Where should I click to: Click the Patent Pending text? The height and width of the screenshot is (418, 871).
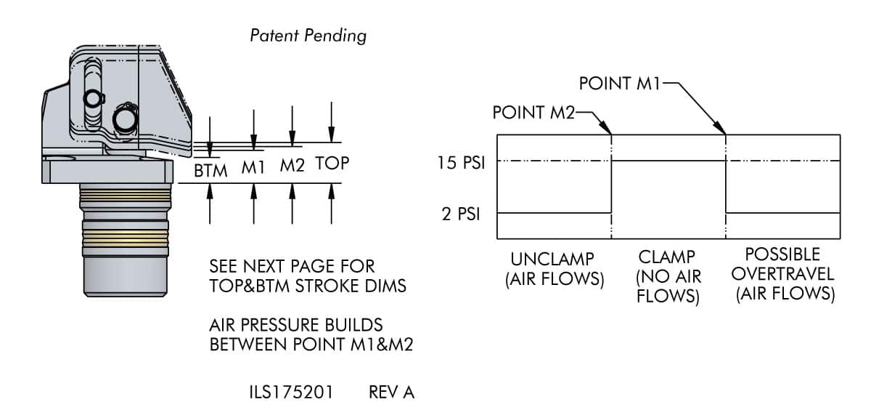[308, 36]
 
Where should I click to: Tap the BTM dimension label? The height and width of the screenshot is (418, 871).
[210, 171]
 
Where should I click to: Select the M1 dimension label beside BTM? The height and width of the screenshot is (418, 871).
[253, 167]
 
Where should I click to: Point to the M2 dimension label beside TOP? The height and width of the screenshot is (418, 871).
[292, 165]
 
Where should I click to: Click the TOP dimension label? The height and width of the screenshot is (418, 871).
[332, 163]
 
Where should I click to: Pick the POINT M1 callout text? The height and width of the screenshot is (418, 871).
[619, 84]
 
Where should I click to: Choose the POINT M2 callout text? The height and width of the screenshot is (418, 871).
[533, 113]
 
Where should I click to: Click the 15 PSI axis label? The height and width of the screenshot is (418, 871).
[461, 162]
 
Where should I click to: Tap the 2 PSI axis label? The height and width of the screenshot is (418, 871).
[461, 214]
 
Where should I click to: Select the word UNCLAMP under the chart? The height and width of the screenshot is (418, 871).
[552, 259]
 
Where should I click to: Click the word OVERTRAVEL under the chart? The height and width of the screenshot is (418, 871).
[782, 274]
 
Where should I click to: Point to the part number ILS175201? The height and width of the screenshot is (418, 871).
[291, 393]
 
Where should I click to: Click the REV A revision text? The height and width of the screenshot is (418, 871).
[391, 393]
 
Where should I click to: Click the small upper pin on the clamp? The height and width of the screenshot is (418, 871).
[93, 99]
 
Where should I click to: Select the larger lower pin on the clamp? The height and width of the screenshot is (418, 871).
[125, 120]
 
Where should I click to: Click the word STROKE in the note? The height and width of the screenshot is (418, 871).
[329, 286]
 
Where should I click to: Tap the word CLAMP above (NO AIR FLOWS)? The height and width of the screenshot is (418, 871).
[666, 257]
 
